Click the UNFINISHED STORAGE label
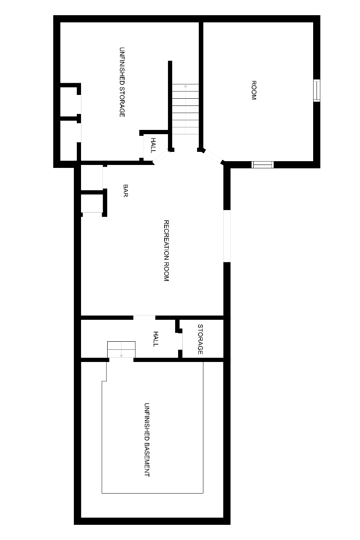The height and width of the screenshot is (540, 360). pyautogui.click(x=122, y=82)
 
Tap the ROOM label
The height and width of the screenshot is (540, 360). pyautogui.click(x=254, y=90)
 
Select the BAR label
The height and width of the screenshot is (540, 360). pyautogui.click(x=126, y=191)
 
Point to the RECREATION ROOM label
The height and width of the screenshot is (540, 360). pyautogui.click(x=166, y=251)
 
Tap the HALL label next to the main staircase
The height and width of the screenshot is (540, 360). pyautogui.click(x=153, y=146)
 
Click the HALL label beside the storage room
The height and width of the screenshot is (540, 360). pyautogui.click(x=156, y=339)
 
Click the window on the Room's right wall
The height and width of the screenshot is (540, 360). pyautogui.click(x=317, y=90)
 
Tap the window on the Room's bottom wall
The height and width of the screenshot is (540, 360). pyautogui.click(x=263, y=165)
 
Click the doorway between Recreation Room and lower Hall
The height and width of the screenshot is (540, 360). pyautogui.click(x=144, y=318)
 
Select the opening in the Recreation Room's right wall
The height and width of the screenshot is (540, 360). pyautogui.click(x=227, y=236)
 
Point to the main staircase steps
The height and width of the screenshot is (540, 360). pyautogui.click(x=185, y=109)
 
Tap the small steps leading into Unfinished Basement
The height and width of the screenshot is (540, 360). pyautogui.click(x=121, y=350)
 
